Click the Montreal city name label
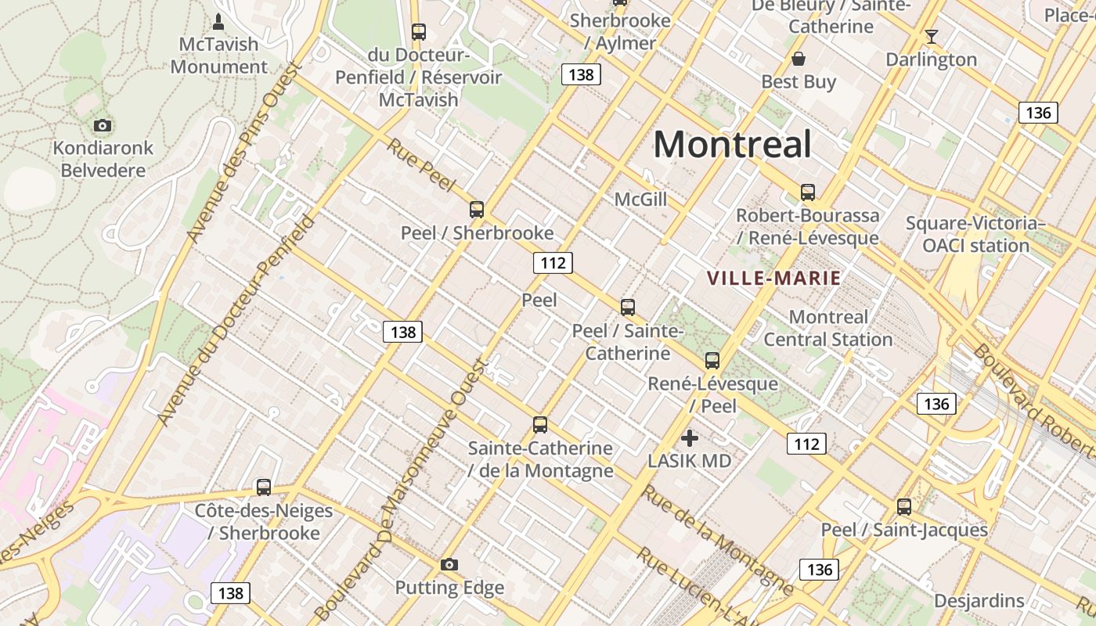point(732,145)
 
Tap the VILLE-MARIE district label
point(773,278)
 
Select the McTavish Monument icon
point(218,21)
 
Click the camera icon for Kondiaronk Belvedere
point(102,125)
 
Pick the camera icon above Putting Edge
point(449,564)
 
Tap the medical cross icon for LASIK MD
point(690,438)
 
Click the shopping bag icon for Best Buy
point(799,59)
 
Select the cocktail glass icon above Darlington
point(931,36)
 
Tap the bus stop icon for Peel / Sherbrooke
point(477,210)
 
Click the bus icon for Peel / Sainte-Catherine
point(628,308)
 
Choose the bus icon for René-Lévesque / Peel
point(712,361)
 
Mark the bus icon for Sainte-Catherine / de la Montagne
point(540,425)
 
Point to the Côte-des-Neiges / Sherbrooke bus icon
point(264,487)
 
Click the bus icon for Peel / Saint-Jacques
point(904,507)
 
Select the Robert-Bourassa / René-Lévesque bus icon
point(808,192)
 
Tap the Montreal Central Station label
point(828,328)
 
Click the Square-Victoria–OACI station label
point(975,234)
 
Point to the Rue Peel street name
point(420,165)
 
